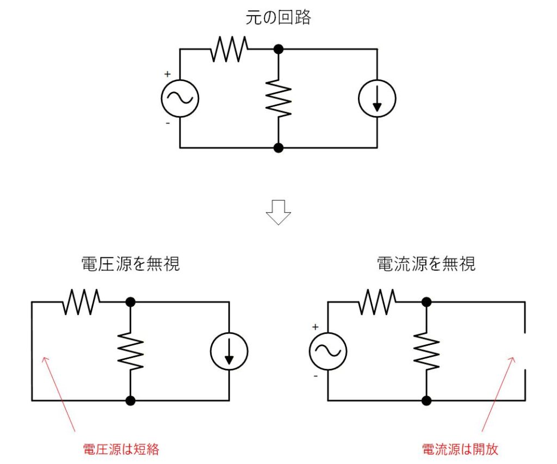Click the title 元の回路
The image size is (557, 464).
point(278,17)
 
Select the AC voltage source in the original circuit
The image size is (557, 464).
point(180,98)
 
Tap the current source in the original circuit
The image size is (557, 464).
point(377,98)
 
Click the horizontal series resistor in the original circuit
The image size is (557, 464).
point(229,49)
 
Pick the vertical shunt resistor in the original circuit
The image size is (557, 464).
point(278,98)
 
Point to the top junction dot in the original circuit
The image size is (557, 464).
point(278,49)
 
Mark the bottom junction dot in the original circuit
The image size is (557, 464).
point(278,147)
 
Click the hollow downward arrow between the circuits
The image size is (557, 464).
point(278,213)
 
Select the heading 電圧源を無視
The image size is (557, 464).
point(131,265)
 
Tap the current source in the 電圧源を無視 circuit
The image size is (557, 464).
point(229,351)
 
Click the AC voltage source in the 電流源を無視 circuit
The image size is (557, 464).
point(328,351)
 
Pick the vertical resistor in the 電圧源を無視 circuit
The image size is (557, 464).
point(131,351)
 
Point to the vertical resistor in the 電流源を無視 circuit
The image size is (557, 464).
point(426,351)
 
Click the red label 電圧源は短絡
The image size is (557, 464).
point(121,449)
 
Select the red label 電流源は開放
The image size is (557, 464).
point(460,449)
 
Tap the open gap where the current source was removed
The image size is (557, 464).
point(525,351)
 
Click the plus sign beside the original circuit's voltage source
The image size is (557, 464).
point(168,75)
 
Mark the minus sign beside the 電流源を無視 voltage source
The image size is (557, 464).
point(315,375)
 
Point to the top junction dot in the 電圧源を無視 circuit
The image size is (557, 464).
point(131,302)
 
